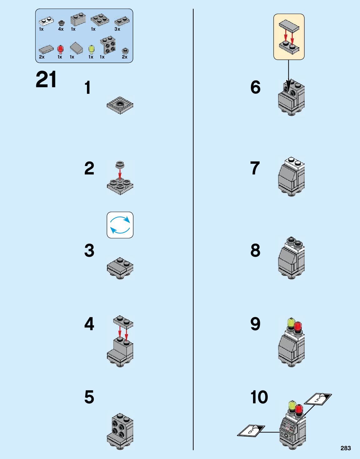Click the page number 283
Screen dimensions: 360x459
click(x=346, y=448)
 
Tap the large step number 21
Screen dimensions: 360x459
click(x=46, y=80)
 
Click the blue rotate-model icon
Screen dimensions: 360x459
click(x=120, y=225)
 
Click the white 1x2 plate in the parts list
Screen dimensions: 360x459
click(x=46, y=21)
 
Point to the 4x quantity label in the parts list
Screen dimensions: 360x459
click(x=61, y=29)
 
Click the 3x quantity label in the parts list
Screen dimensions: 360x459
click(x=117, y=29)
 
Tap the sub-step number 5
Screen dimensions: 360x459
click(x=89, y=397)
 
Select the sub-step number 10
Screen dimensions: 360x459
click(x=259, y=397)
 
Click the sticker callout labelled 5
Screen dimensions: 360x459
click(x=318, y=399)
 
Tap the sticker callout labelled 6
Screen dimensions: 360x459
click(x=251, y=431)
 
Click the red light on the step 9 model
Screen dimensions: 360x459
click(x=298, y=326)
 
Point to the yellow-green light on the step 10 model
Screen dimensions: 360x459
click(x=292, y=405)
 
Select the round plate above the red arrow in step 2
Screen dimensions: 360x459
click(x=120, y=164)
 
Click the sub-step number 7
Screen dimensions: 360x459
click(x=255, y=168)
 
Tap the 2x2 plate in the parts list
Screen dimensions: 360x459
click(x=100, y=19)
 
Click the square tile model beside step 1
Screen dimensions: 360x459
click(x=120, y=105)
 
